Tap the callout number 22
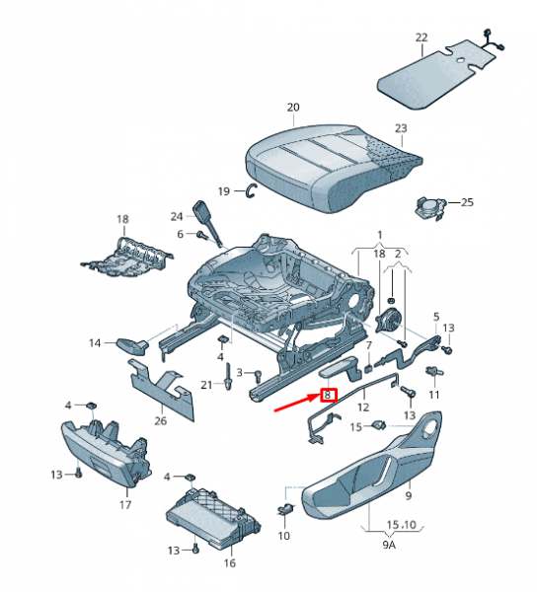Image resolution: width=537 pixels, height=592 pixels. click(x=422, y=37)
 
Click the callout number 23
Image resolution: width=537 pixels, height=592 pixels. click(x=400, y=128)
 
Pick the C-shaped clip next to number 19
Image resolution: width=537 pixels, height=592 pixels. click(x=252, y=189)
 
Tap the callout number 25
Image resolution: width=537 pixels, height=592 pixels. click(x=467, y=202)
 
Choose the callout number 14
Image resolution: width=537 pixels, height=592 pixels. click(x=96, y=343)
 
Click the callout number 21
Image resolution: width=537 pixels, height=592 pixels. click(x=207, y=384)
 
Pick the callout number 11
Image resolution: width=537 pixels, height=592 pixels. click(x=434, y=395)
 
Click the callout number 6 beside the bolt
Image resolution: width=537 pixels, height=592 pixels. click(x=181, y=234)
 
